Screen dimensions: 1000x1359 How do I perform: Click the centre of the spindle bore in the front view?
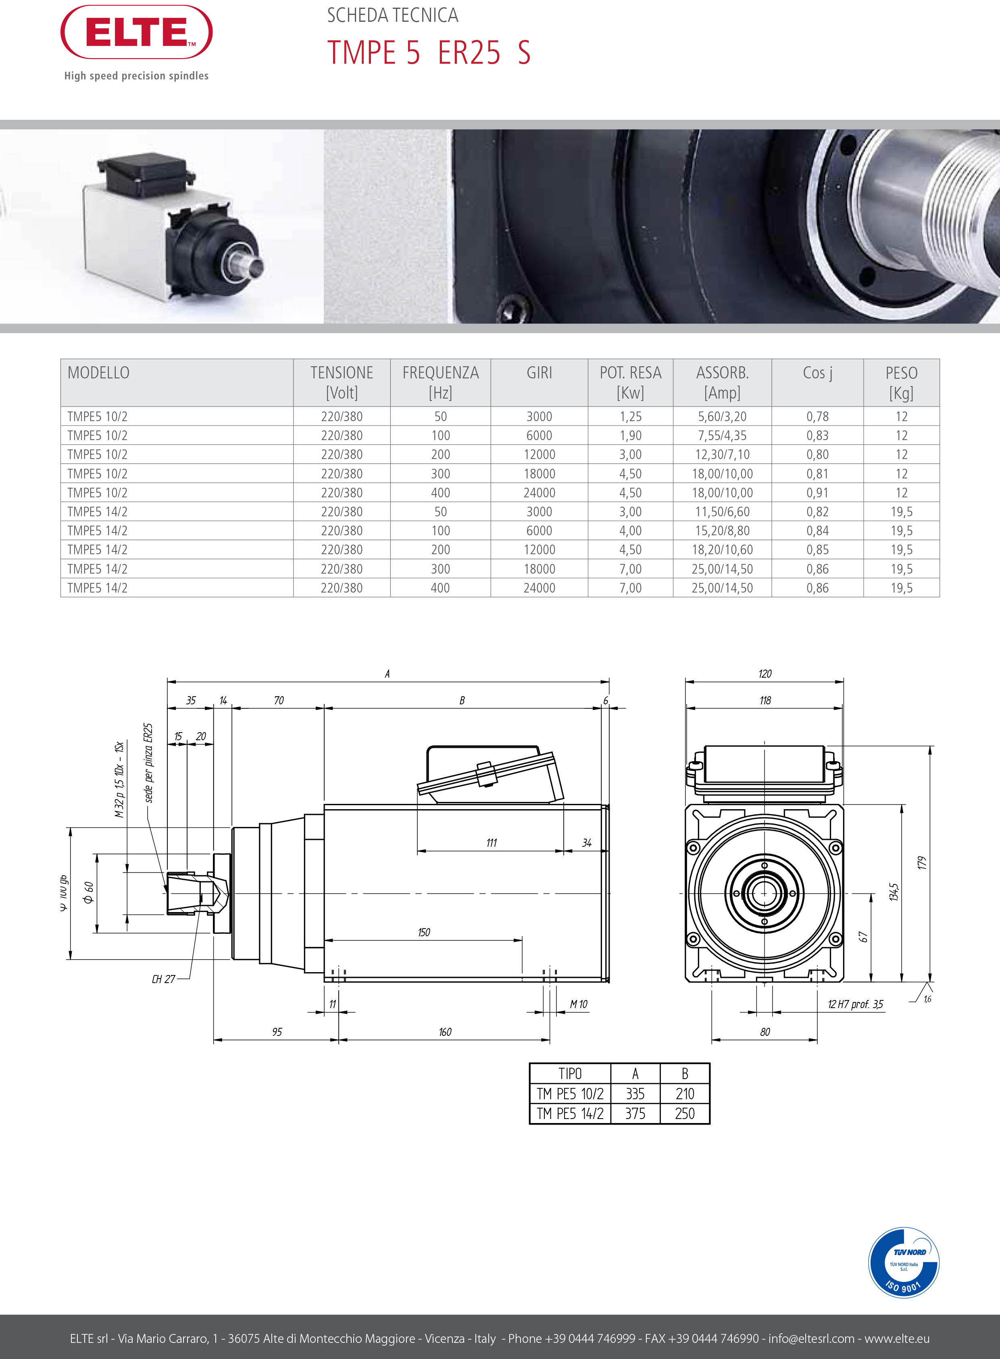[x=764, y=893]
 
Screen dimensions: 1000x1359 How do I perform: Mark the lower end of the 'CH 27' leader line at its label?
[x=177, y=979]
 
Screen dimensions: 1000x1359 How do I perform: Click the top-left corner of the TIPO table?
[x=530, y=1063]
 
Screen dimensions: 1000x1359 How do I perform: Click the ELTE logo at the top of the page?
[x=137, y=32]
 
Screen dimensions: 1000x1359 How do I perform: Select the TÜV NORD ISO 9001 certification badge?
[x=903, y=1262]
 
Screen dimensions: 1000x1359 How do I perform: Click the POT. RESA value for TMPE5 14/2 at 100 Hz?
[x=630, y=530]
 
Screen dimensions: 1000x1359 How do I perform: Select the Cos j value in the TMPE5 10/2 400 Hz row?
[x=817, y=493]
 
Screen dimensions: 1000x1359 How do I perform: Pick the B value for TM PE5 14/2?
[x=685, y=1113]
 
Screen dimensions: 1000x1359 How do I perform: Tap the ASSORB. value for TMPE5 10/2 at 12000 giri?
[x=722, y=454]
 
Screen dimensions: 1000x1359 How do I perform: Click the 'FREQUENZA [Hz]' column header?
[x=441, y=382]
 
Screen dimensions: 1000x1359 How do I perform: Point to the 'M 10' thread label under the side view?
[x=579, y=1004]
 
